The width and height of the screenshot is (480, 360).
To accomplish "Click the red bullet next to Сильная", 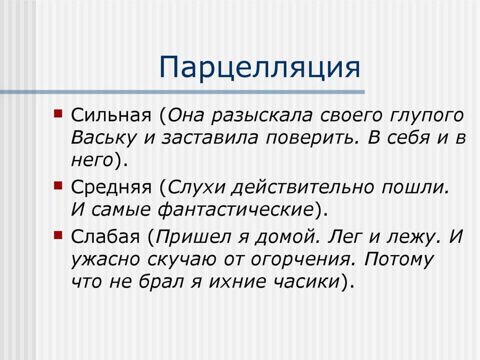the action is (58, 113).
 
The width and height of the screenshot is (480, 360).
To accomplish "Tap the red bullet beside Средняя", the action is (58, 185).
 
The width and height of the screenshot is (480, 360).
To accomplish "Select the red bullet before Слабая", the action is (58, 235).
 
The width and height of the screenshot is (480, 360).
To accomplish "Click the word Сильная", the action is (112, 115).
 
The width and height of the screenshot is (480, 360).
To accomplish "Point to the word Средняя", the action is (112, 187).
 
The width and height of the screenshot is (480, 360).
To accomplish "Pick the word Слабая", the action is (105, 237).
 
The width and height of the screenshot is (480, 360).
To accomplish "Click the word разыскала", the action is (262, 116).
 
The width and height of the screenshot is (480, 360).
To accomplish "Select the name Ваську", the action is (104, 138).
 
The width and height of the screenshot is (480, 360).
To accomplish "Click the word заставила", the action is (210, 138).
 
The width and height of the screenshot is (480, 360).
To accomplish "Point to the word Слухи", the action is (196, 187).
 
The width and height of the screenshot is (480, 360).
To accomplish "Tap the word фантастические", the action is (236, 210).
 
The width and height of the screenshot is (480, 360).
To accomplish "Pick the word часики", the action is (306, 282).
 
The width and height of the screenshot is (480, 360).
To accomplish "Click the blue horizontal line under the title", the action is (182, 92).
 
